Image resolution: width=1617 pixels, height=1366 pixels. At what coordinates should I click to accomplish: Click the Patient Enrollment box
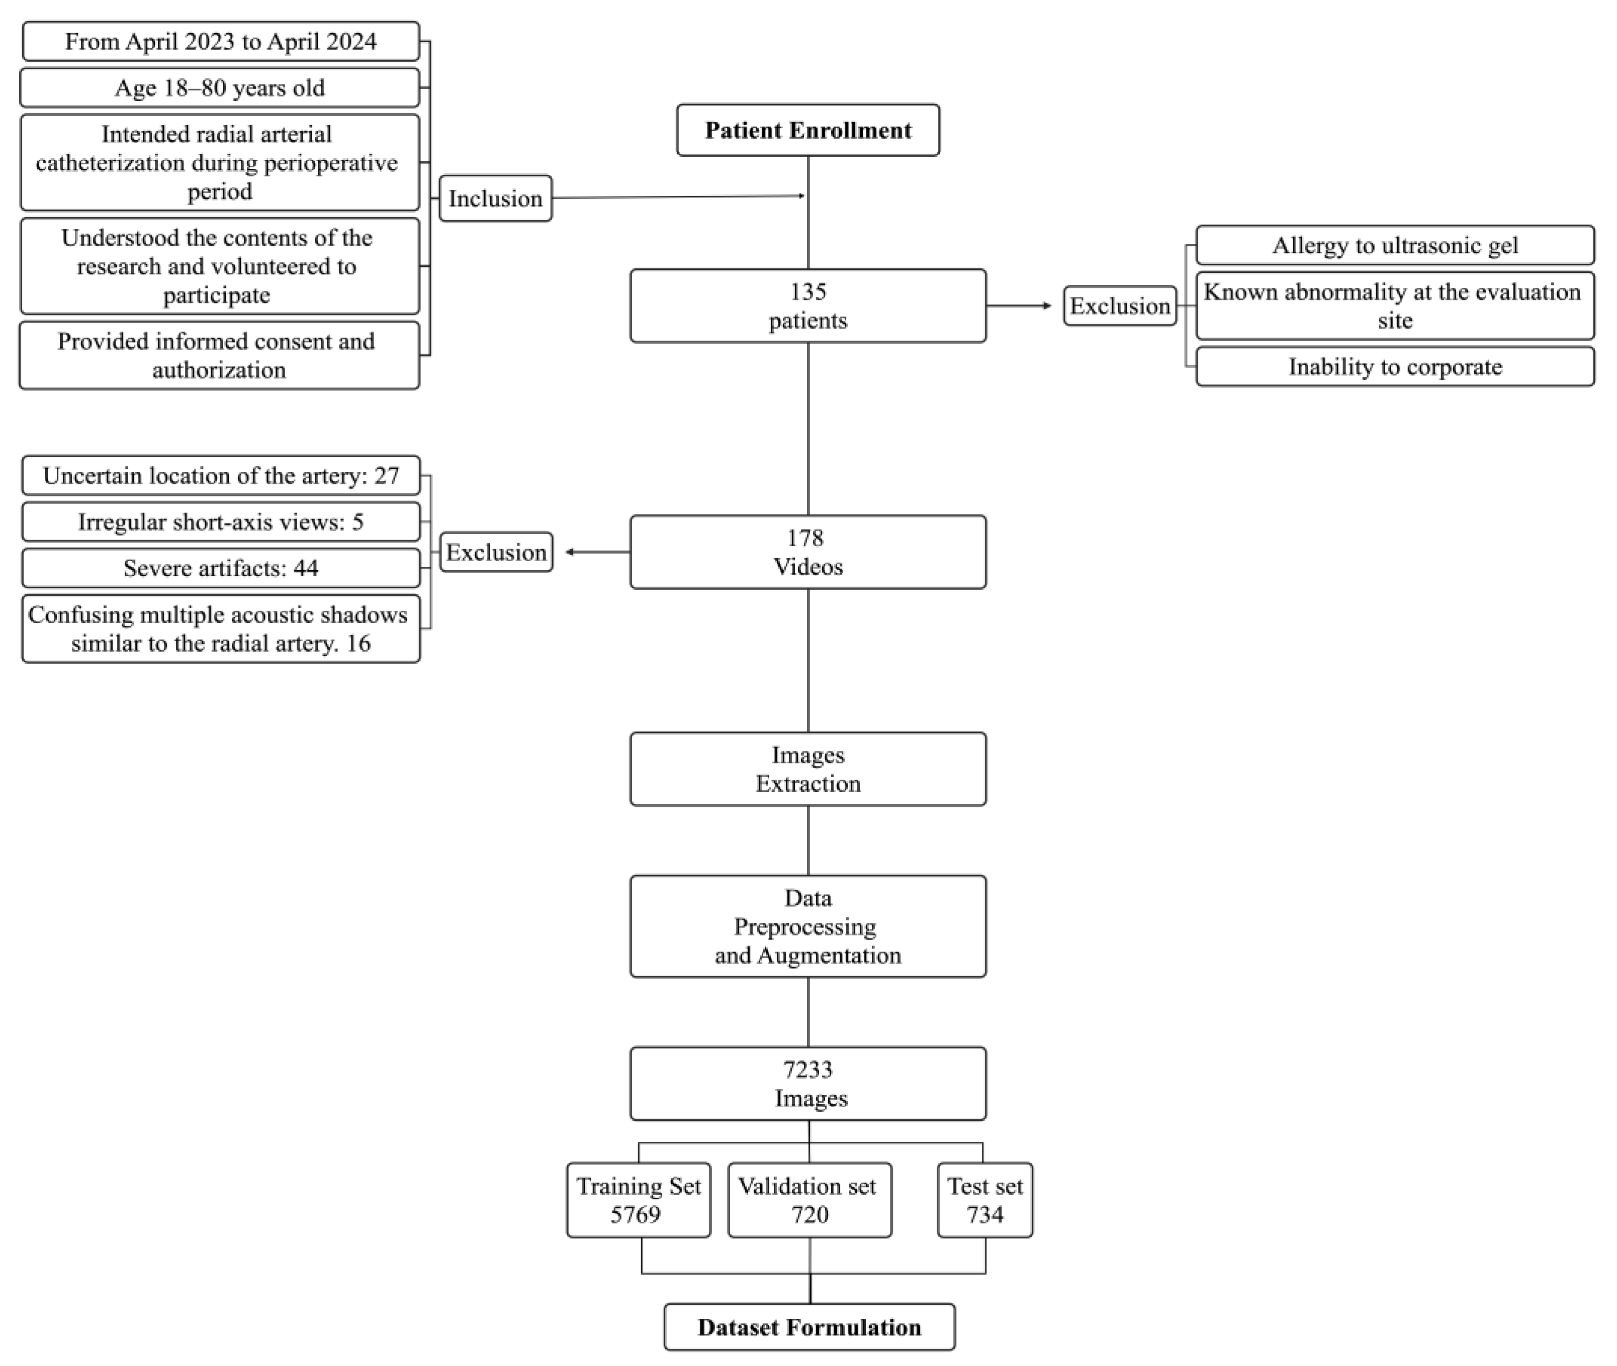pos(807,130)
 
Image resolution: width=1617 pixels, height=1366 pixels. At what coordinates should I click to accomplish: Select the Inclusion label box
pos(495,198)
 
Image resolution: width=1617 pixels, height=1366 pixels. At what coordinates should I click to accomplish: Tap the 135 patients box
pos(807,306)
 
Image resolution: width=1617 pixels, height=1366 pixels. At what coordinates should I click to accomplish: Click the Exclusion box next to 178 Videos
pos(496,552)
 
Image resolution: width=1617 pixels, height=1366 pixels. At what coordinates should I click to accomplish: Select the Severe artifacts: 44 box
pos(221,568)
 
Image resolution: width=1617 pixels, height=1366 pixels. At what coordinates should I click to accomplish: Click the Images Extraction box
pos(807,769)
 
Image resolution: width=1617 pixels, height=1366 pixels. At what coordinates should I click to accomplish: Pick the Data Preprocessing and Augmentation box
pos(807,926)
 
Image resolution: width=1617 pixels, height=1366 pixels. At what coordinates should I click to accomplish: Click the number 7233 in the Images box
pos(807,1070)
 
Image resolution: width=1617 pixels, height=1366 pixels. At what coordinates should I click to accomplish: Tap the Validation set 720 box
pos(809,1200)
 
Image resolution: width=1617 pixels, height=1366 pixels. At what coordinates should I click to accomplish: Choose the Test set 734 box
pos(985,1200)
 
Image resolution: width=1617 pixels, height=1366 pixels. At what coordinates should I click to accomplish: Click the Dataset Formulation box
pos(809,1327)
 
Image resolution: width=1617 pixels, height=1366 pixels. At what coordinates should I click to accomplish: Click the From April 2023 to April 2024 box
pos(221,42)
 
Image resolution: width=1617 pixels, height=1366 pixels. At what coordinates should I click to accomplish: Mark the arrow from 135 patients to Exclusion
pos(1019,306)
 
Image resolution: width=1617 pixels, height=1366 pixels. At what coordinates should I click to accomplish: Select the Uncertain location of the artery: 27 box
pos(221,475)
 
